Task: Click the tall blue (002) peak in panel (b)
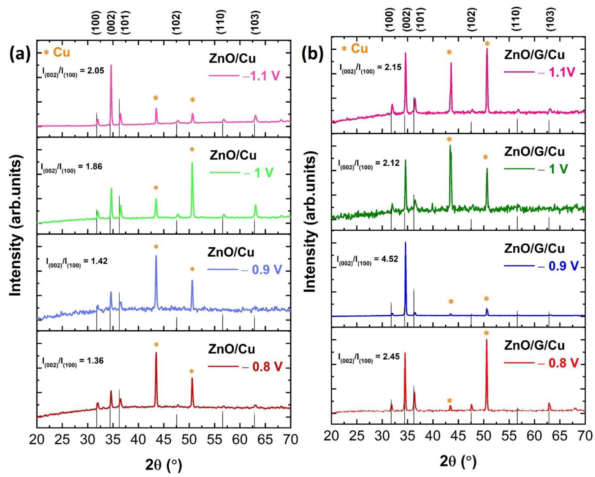coord(405,243)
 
